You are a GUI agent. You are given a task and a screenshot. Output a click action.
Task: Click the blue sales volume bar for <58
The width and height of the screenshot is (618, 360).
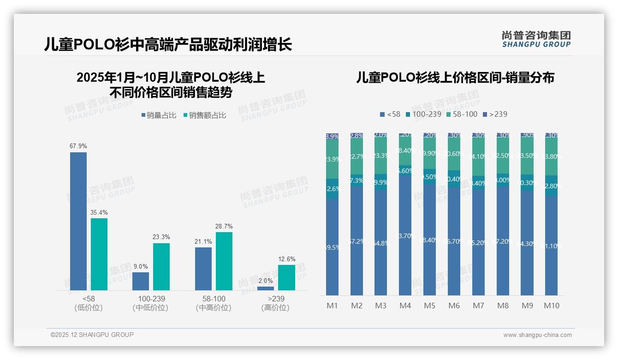pyautogui.click(x=78, y=221)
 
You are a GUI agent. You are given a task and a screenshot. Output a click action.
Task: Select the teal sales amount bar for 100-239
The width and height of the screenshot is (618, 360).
pyautogui.click(x=161, y=267)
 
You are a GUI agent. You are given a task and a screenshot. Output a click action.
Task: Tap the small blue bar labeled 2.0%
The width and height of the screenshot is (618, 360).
pyautogui.click(x=265, y=288)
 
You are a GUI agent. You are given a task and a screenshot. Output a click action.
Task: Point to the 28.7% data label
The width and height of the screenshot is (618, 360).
pyautogui.click(x=224, y=227)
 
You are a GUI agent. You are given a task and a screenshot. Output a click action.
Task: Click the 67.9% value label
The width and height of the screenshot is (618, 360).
pyautogui.click(x=78, y=146)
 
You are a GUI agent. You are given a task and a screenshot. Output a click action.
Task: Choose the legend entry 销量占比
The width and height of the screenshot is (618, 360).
pyautogui.click(x=158, y=115)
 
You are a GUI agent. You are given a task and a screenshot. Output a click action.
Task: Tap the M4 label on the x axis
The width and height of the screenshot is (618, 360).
pyautogui.click(x=405, y=306)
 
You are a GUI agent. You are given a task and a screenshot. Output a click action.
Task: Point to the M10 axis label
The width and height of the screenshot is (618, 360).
pyautogui.click(x=551, y=306)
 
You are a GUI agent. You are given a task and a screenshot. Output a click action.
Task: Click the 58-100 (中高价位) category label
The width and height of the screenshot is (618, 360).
pyautogui.click(x=214, y=303)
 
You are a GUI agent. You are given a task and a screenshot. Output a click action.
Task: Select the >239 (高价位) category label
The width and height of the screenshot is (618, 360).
pyautogui.click(x=276, y=303)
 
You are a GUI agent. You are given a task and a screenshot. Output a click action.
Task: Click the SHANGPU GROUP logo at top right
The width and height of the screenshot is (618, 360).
pyautogui.click(x=536, y=39)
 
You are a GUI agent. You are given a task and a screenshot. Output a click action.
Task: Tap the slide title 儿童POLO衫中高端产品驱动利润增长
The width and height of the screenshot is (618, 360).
pyautogui.click(x=168, y=45)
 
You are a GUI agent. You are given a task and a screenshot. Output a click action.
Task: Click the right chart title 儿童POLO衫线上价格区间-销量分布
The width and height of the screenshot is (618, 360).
pyautogui.click(x=455, y=78)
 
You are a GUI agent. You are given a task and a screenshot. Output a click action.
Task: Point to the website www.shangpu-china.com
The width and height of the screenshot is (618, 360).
pyautogui.click(x=537, y=335)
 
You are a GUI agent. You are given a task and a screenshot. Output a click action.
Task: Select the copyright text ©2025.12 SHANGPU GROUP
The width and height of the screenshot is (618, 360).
pyautogui.click(x=92, y=335)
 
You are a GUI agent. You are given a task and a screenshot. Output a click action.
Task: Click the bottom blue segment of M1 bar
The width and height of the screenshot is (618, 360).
pyautogui.click(x=332, y=247)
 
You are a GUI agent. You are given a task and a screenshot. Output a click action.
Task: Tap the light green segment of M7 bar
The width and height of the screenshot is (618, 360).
pyautogui.click(x=478, y=157)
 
